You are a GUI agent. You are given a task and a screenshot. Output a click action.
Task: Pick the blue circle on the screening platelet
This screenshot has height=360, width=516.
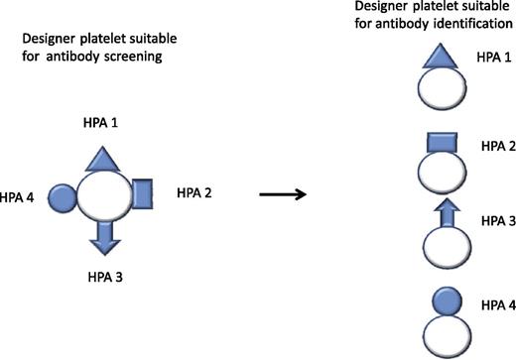[64, 195]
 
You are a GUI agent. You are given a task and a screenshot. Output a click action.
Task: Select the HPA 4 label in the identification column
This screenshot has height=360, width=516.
[494, 302]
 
